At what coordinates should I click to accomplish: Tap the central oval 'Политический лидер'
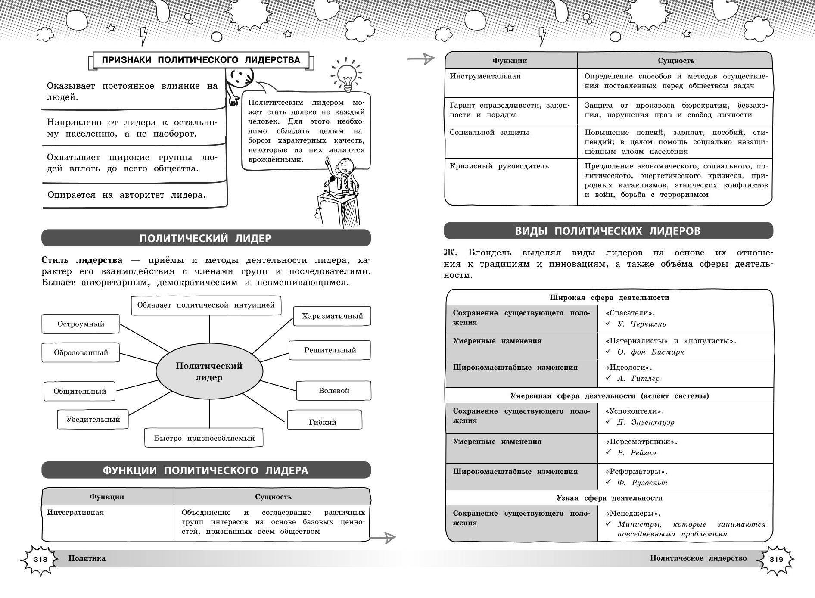pyautogui.click(x=209, y=371)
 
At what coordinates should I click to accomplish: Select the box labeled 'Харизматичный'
pyautogui.click(x=332, y=316)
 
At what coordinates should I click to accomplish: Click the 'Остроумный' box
pyautogui.click(x=81, y=324)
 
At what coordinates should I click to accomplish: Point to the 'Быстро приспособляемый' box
pyautogui.click(x=204, y=438)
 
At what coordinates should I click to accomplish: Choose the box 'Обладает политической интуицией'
pyautogui.click(x=206, y=305)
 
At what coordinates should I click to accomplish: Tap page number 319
pyautogui.click(x=775, y=560)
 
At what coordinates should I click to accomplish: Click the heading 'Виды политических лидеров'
pyautogui.click(x=608, y=231)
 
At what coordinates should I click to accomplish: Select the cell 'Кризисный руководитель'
pyautogui.click(x=499, y=166)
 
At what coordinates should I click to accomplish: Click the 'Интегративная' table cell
pyautogui.click(x=75, y=513)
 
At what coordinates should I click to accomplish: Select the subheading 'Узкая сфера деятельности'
pyautogui.click(x=609, y=498)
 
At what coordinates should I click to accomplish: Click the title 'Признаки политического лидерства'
pyautogui.click(x=201, y=60)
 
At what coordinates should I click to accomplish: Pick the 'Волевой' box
pyautogui.click(x=334, y=391)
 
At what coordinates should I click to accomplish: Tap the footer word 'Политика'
pyautogui.click(x=87, y=558)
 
